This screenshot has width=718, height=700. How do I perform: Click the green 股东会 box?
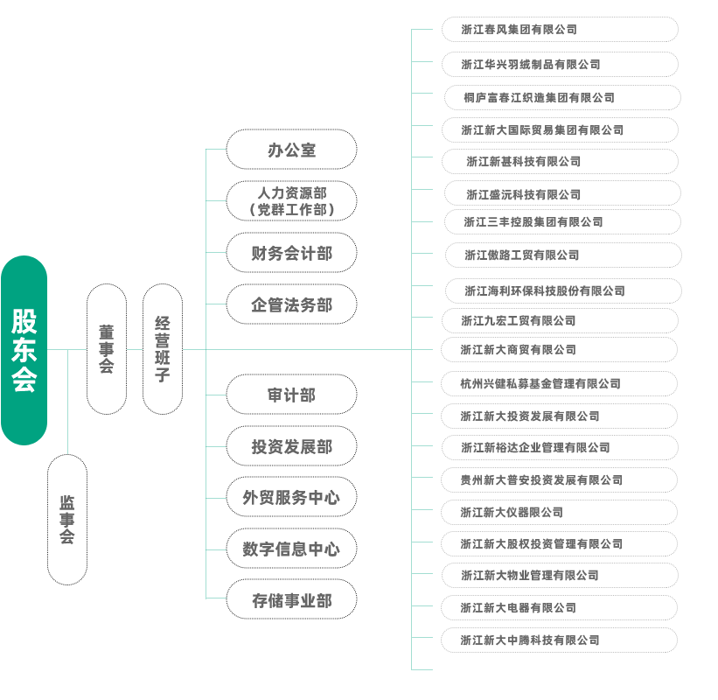(x=24, y=350)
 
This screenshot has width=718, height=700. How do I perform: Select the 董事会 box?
(x=107, y=348)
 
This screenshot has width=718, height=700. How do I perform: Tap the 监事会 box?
(x=67, y=520)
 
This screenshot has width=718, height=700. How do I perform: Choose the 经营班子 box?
(x=163, y=348)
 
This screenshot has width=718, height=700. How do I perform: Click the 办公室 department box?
(x=291, y=150)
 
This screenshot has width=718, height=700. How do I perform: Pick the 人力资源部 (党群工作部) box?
(x=291, y=201)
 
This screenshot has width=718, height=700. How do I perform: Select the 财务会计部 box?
(x=291, y=254)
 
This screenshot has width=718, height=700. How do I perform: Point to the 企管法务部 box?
(x=291, y=304)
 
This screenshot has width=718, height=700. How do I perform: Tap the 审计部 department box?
(x=291, y=395)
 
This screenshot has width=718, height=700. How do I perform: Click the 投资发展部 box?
(x=291, y=446)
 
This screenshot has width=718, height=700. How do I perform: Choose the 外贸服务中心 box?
(x=291, y=498)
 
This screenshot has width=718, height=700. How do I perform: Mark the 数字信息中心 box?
(x=291, y=549)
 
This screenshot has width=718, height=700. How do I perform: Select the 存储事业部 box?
(x=291, y=600)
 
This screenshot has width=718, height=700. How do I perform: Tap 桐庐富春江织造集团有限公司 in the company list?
(x=561, y=97)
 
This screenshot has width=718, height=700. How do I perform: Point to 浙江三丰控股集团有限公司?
(x=560, y=222)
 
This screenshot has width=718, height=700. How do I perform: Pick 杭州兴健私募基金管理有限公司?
(x=558, y=383)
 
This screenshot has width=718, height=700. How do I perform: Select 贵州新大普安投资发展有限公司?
(x=558, y=479)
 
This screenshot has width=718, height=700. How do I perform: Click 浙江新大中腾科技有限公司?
(x=558, y=640)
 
